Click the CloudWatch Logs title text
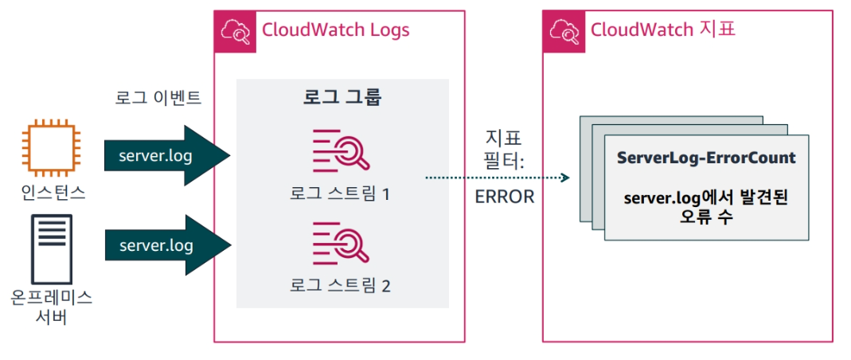point(335,30)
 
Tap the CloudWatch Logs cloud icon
point(235,31)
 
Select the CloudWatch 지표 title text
point(663,30)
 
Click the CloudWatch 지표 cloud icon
point(563,31)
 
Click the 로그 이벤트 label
point(158,99)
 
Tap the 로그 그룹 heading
point(342,99)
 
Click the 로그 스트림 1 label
point(341,194)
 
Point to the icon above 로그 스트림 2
point(341,243)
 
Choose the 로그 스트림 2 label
point(341,284)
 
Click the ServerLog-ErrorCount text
point(706,158)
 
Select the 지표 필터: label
point(504,149)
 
